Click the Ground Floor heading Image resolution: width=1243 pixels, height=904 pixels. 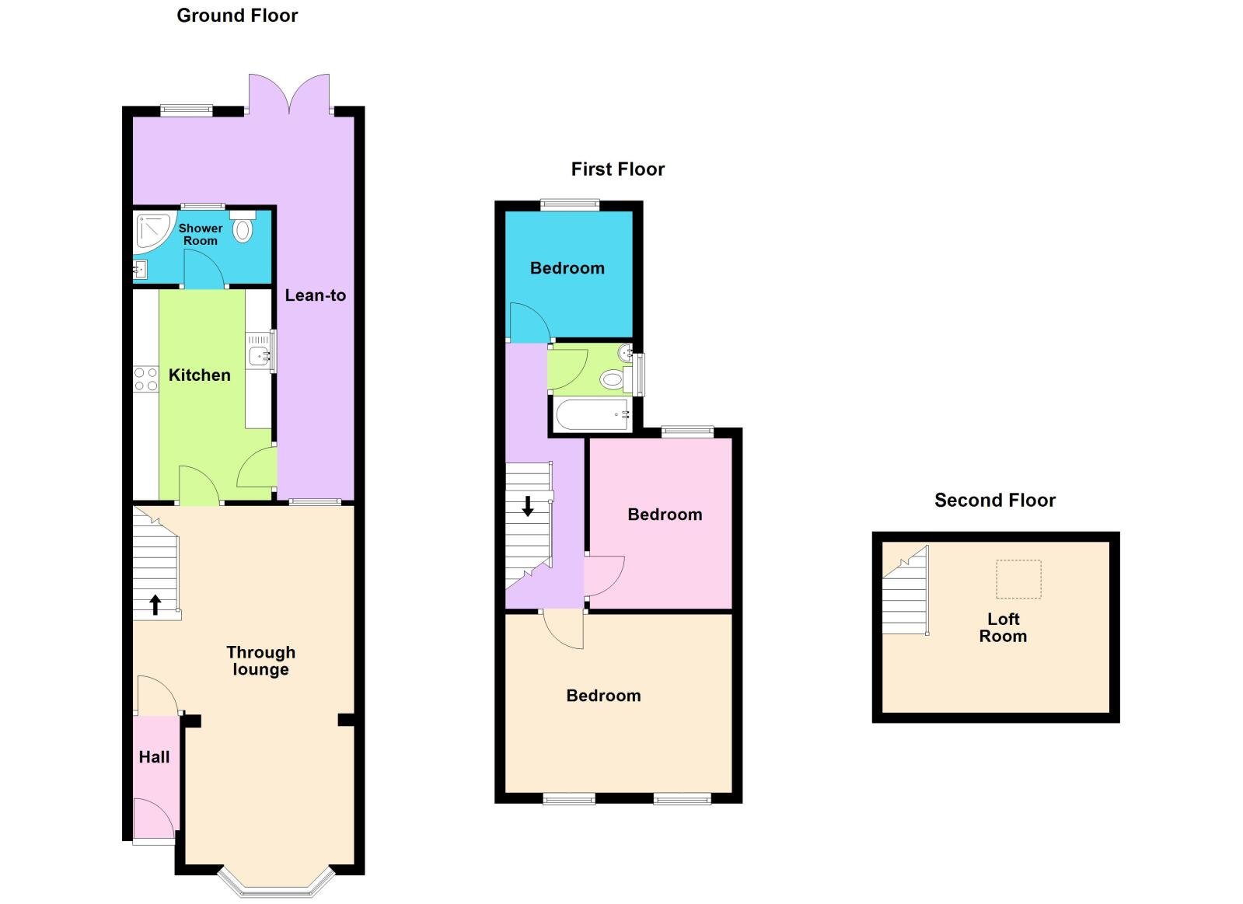[x=237, y=16]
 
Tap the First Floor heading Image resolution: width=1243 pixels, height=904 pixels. [x=617, y=169]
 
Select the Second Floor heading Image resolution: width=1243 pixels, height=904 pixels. [x=994, y=501]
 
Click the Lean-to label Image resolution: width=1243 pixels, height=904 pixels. [x=315, y=295]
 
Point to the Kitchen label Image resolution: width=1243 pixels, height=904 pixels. [x=200, y=375]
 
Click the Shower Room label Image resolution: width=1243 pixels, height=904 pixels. [x=201, y=234]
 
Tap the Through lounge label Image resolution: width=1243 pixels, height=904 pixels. [x=260, y=661]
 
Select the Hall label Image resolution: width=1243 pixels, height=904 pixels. [x=154, y=757]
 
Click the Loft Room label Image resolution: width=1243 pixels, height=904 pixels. [x=1003, y=627]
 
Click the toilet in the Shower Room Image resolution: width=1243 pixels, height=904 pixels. [x=243, y=228]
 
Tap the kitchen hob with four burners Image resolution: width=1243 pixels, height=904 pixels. [x=146, y=379]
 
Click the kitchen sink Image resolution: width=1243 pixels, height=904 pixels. [x=259, y=356]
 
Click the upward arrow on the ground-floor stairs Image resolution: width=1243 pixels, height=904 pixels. [x=155, y=604]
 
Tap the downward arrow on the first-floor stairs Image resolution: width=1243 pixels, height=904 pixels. [x=528, y=506]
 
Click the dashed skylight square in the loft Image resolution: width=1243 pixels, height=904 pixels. [x=1018, y=579]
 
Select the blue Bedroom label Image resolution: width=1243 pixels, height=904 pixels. [x=567, y=268]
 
